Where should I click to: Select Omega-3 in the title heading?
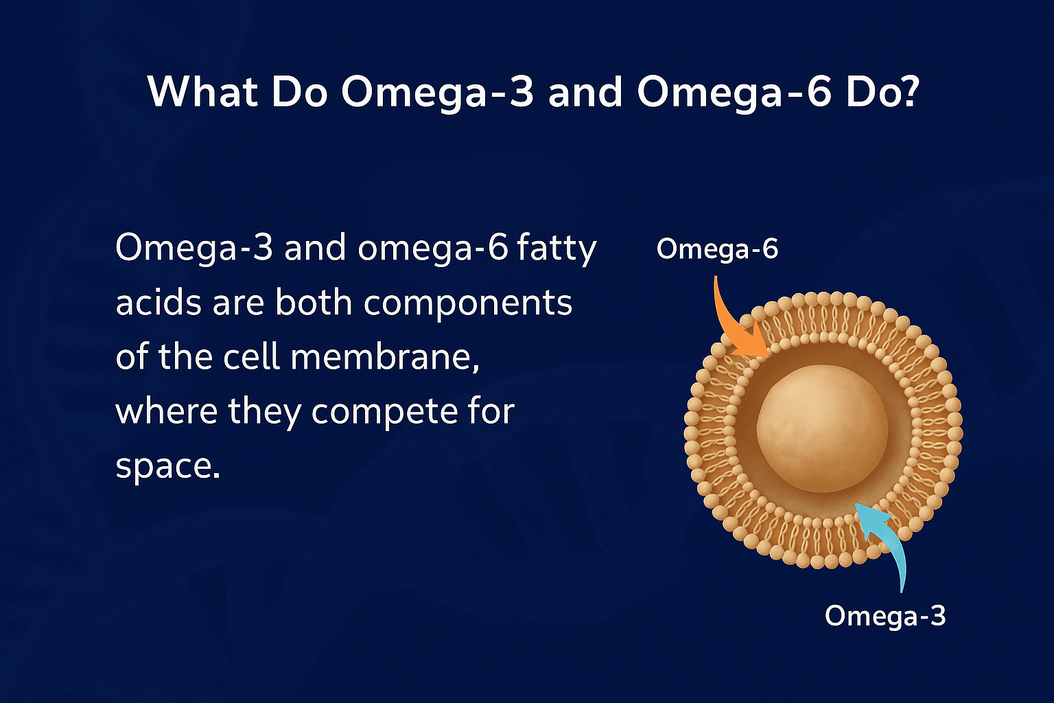[437, 91]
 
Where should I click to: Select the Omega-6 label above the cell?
[717, 249]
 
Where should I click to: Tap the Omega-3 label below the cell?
[885, 616]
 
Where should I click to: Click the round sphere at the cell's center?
[822, 428]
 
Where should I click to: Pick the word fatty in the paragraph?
[557, 249]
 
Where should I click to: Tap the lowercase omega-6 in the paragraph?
[433, 249]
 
